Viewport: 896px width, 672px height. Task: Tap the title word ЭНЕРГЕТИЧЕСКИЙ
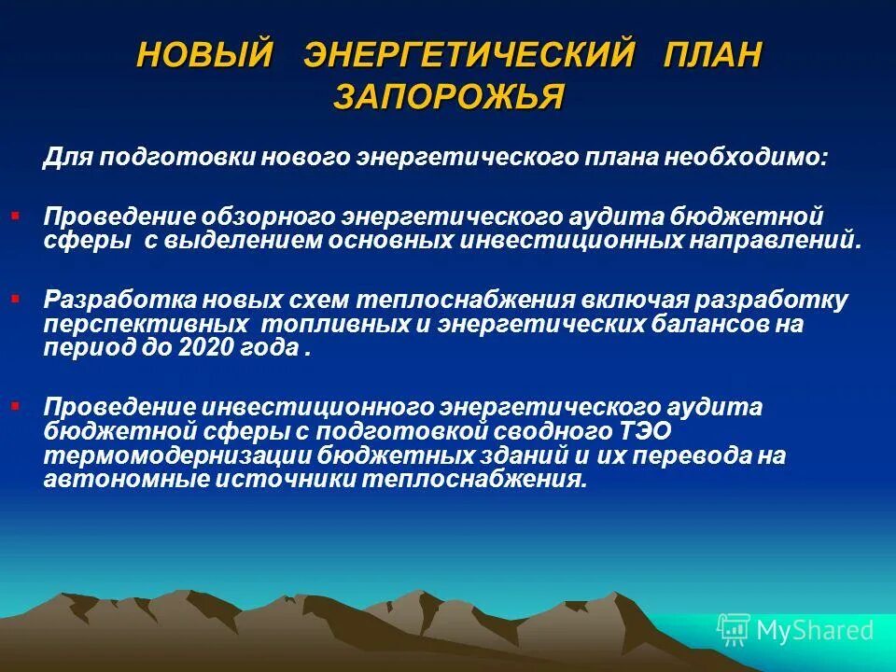pyautogui.click(x=469, y=54)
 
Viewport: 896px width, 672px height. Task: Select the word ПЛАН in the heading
pyautogui.click(x=711, y=54)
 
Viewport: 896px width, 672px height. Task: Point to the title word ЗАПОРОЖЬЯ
pyautogui.click(x=448, y=97)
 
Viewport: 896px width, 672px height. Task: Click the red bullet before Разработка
pyautogui.click(x=15, y=298)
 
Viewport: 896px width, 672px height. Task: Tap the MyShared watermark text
pyautogui.click(x=815, y=630)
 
